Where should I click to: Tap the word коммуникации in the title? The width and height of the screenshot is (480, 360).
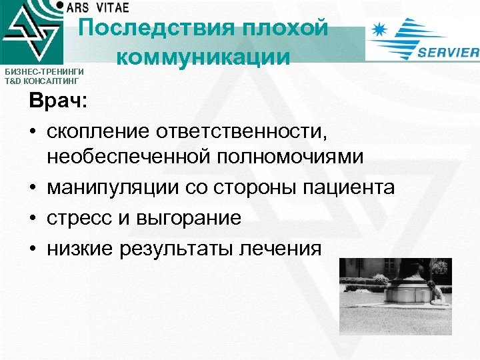[x=203, y=56]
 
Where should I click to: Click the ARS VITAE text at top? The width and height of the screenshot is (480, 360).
[x=97, y=6]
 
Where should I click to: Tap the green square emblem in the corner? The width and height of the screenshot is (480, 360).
[x=31, y=31]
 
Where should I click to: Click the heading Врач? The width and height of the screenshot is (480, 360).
[x=57, y=103]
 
